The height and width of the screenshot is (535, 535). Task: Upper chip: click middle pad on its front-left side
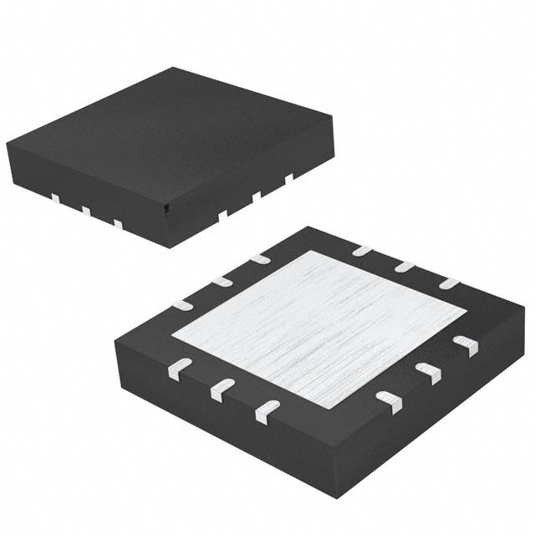(x=85, y=211)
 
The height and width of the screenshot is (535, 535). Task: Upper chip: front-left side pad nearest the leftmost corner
(x=54, y=198)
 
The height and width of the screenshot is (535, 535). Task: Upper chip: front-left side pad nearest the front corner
(x=118, y=224)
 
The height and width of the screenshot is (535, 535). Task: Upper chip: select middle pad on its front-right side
(x=257, y=196)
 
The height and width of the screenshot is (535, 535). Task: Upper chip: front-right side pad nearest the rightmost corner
(x=289, y=177)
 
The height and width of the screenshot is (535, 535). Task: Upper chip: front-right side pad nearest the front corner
(x=222, y=215)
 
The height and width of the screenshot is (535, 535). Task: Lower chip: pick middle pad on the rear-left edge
(x=221, y=281)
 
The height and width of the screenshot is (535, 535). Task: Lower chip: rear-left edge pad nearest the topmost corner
(x=260, y=259)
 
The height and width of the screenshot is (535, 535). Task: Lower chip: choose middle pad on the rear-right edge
(x=405, y=266)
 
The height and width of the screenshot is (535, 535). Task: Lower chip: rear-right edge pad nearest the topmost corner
(x=362, y=249)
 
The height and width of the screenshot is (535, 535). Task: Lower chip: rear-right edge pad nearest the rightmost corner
(x=450, y=283)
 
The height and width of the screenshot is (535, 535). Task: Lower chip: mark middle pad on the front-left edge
(x=222, y=389)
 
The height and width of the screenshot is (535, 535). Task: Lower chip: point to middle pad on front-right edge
(x=428, y=373)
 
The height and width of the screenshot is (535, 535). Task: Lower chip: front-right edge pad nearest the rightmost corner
(x=465, y=345)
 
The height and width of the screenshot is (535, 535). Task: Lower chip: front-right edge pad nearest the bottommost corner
(x=389, y=402)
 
